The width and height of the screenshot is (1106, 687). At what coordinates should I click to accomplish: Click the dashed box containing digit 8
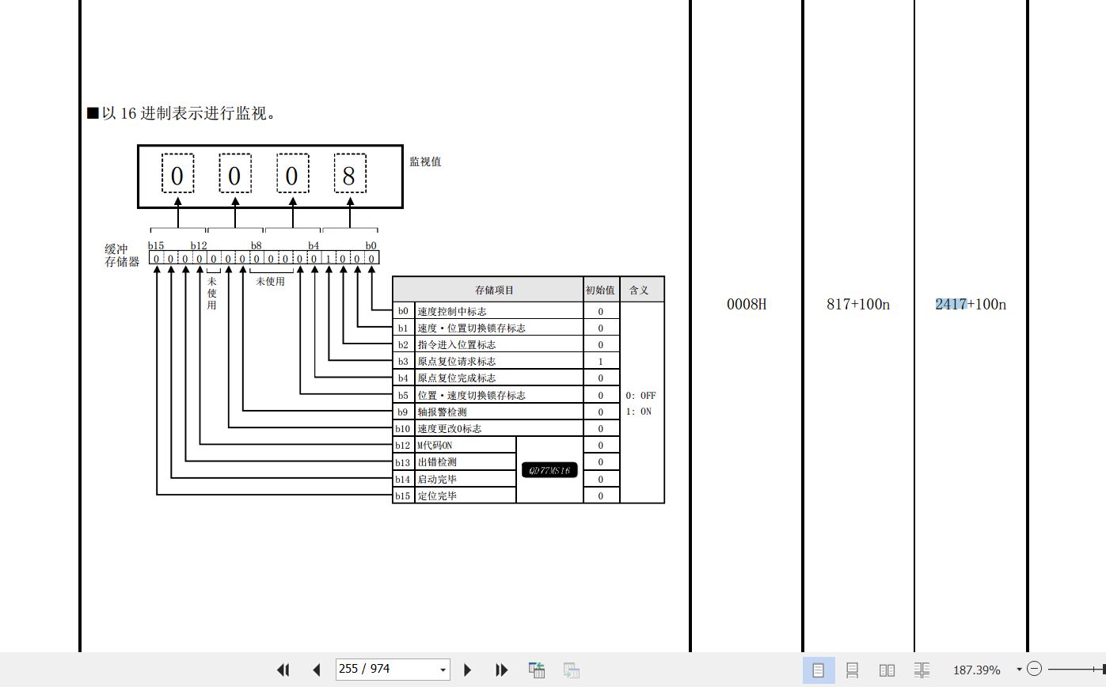coord(349,173)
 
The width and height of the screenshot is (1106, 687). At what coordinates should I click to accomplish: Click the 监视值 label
coord(425,161)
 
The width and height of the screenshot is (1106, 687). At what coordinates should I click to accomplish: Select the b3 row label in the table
coord(403,362)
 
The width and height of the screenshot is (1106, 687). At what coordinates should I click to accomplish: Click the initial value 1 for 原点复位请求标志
coord(600,362)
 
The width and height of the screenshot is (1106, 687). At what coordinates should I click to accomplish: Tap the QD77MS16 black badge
coord(549,470)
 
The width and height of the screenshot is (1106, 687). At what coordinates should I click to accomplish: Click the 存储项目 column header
coord(494,290)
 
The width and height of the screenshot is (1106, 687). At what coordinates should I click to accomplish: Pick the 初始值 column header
coord(600,290)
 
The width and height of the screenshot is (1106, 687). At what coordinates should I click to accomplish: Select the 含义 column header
coord(639,290)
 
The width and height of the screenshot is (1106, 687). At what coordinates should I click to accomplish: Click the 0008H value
coord(747,305)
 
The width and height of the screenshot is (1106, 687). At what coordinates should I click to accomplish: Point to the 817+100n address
coord(858,305)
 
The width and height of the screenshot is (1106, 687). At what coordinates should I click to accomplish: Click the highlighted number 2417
coord(951,305)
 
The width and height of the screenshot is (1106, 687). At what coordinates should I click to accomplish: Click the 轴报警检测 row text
coord(442,412)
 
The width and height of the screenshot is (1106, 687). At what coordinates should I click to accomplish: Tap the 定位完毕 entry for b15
coord(437,496)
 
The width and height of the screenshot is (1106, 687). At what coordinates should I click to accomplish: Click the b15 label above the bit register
coord(156,245)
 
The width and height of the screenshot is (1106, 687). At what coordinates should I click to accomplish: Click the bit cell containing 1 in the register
coord(329,259)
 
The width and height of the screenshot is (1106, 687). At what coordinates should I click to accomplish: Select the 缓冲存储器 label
coord(122,256)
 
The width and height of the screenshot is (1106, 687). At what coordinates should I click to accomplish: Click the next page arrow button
coord(467,670)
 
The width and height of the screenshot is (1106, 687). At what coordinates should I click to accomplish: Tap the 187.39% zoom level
coord(976,670)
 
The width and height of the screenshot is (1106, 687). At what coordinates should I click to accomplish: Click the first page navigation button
coord(283,670)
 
